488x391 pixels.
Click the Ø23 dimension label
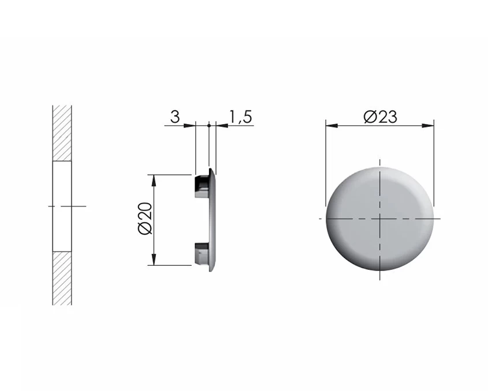tap(380, 117)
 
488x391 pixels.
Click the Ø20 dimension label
tap(145, 218)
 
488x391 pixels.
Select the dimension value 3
tap(175, 117)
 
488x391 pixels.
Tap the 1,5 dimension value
tap(240, 117)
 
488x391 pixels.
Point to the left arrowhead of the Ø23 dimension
tap(331, 126)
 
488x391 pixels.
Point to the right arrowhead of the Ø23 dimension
tap(427, 126)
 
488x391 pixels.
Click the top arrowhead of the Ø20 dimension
tap(154, 181)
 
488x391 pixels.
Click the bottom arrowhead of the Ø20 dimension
tap(154, 260)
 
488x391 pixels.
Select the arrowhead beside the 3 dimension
tap(189, 126)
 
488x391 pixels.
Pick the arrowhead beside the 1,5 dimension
tap(222, 126)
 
